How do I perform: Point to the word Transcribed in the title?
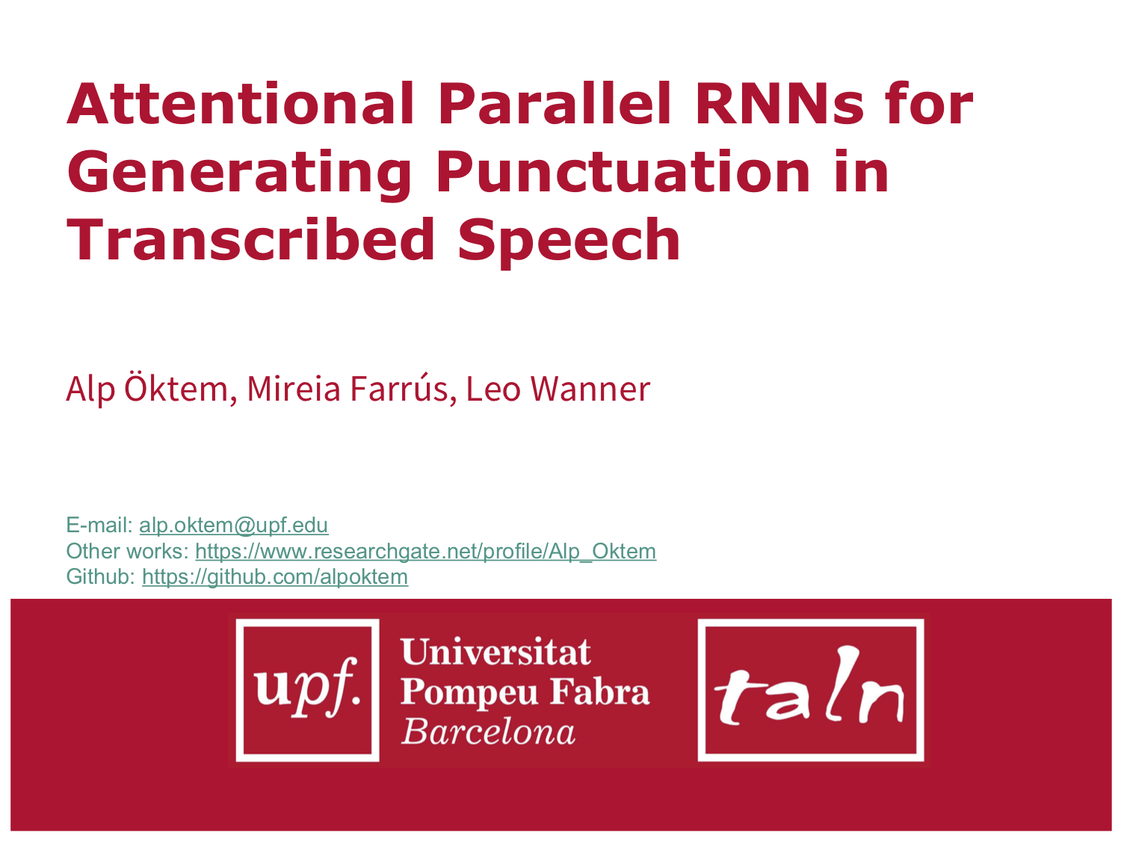pos(251,240)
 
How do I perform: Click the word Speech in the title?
pos(569,240)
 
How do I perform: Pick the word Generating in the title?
pos(240,172)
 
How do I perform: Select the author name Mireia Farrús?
pos(348,389)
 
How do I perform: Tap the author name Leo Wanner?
pos(558,389)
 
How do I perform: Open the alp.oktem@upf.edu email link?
pos(233,525)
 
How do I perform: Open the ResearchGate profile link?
pos(425,551)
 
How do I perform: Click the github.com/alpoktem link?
pos(274,576)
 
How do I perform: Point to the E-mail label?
pos(99,525)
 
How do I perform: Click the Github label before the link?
pos(101,576)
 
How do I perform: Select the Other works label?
pos(127,551)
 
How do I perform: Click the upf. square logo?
pos(307,689)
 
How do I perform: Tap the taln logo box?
pos(811,689)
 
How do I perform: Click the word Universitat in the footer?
pos(495,652)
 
